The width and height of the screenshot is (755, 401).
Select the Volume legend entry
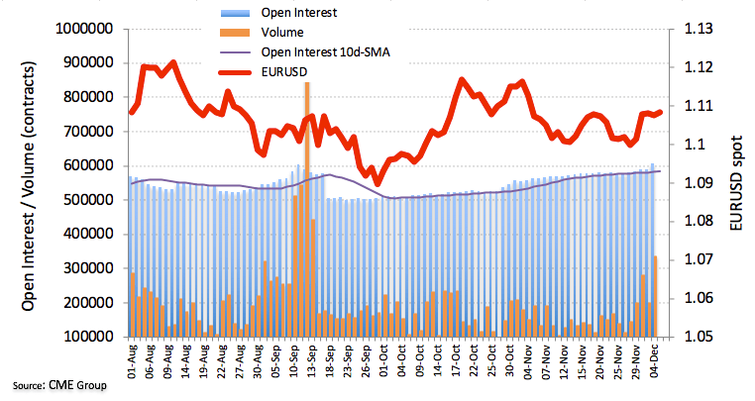pyautogui.click(x=281, y=32)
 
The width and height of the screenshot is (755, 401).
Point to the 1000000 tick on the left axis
pyautogui.click(x=82, y=29)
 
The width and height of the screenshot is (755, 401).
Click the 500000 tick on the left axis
pyautogui.click(x=86, y=199)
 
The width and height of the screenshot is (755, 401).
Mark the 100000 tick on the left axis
pyautogui.click(x=86, y=337)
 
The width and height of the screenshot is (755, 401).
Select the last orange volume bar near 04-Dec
pyautogui.click(x=656, y=296)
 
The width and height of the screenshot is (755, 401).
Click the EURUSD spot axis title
pyautogui.click(x=734, y=184)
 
